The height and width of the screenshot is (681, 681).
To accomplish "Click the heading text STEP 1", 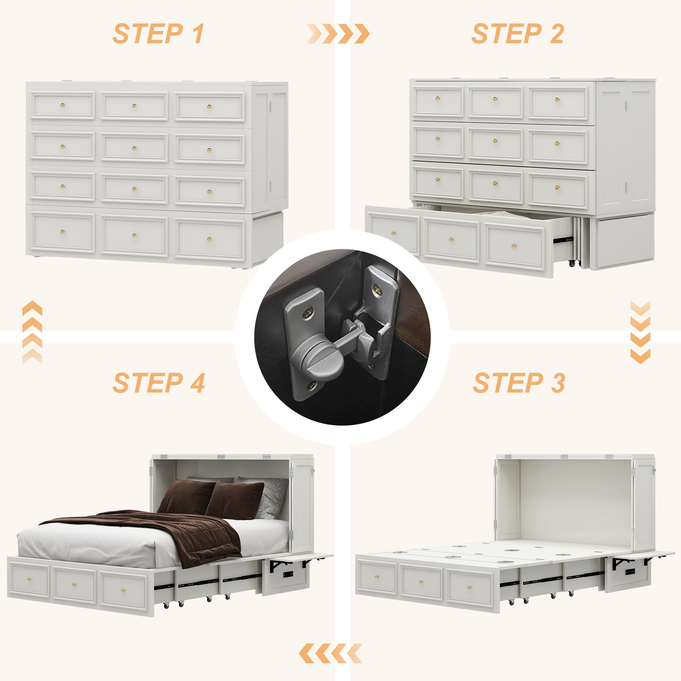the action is point(158,34).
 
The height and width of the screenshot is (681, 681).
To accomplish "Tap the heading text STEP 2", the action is point(518,34).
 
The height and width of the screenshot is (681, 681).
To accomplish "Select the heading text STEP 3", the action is point(519,383).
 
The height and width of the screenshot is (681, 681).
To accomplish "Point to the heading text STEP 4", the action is point(159,383).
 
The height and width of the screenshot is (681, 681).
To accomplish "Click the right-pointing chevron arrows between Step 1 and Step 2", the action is point(338,34).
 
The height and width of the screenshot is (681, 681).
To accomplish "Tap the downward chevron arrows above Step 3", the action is point(640,332).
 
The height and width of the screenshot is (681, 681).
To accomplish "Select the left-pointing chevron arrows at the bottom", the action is point(330,653).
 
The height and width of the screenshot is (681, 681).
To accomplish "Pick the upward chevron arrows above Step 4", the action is point(32,332).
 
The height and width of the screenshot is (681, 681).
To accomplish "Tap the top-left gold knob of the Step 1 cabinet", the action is point(62,105).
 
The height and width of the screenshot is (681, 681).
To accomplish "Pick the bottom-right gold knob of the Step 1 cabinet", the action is point(209,240).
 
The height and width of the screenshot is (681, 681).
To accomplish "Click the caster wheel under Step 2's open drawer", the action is point(575,262).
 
